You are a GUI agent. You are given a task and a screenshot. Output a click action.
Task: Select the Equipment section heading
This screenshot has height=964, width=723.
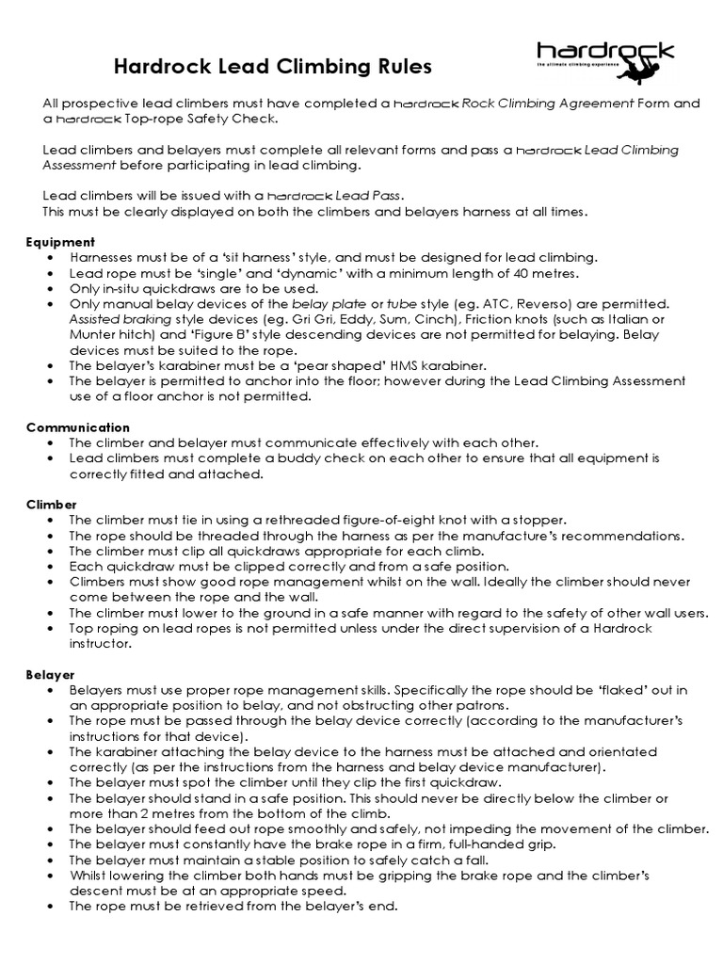click(60, 242)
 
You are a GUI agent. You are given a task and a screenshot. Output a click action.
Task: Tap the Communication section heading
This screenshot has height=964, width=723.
click(78, 426)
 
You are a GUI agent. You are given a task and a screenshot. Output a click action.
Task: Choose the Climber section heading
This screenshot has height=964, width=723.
click(51, 505)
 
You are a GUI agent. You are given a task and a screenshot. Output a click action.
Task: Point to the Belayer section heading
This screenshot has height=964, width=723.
click(52, 675)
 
